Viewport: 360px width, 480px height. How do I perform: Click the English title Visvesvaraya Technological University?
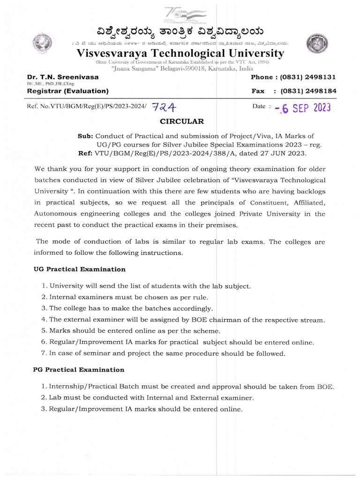coord(180,53)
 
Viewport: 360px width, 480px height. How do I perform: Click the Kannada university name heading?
coord(180,31)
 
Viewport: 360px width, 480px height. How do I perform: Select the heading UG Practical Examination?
coord(79,269)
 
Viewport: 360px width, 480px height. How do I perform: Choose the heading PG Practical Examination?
coord(79,369)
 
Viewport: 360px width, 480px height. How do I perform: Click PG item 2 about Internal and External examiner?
coord(151,397)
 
